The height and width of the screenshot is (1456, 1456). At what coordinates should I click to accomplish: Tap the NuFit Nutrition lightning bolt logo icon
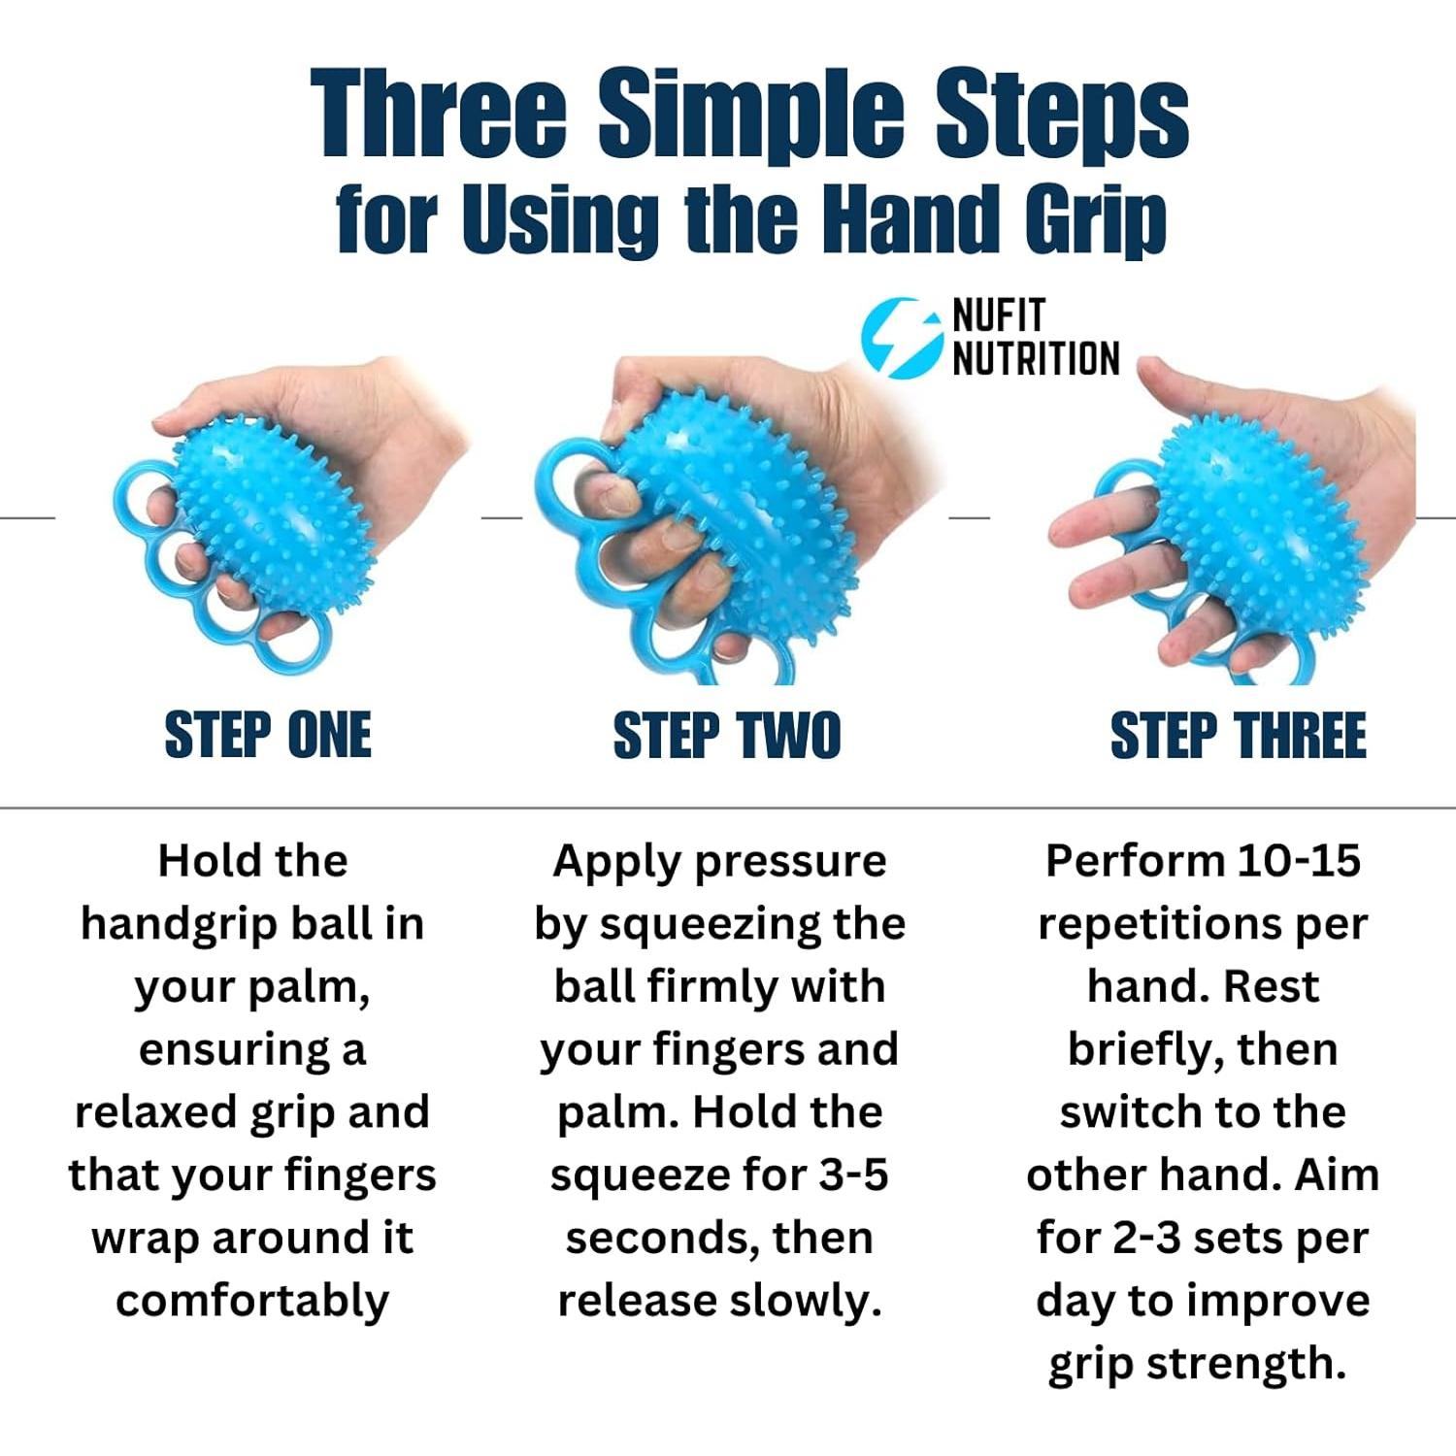(901, 337)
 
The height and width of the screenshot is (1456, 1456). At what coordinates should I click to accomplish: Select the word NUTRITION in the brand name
(1036, 358)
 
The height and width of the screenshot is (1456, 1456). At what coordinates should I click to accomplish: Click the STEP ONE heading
(268, 735)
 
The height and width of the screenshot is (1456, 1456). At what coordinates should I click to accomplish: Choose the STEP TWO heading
(726, 735)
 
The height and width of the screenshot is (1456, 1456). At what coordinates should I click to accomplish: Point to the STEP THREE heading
(1238, 735)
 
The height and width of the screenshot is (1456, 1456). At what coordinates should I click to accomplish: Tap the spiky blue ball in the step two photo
(747, 524)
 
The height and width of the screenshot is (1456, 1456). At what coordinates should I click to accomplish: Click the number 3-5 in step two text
(853, 1175)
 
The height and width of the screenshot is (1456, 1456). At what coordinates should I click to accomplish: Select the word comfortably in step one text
(252, 1302)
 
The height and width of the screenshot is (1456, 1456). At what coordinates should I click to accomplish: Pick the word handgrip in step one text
(179, 924)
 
